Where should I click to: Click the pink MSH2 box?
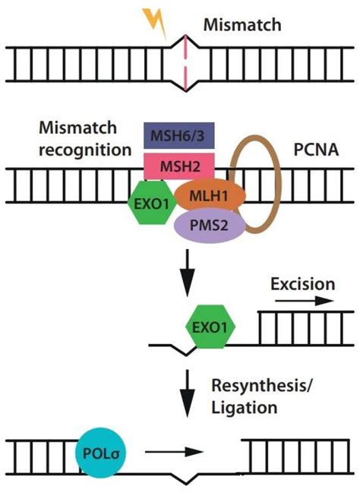(x=179, y=164)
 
